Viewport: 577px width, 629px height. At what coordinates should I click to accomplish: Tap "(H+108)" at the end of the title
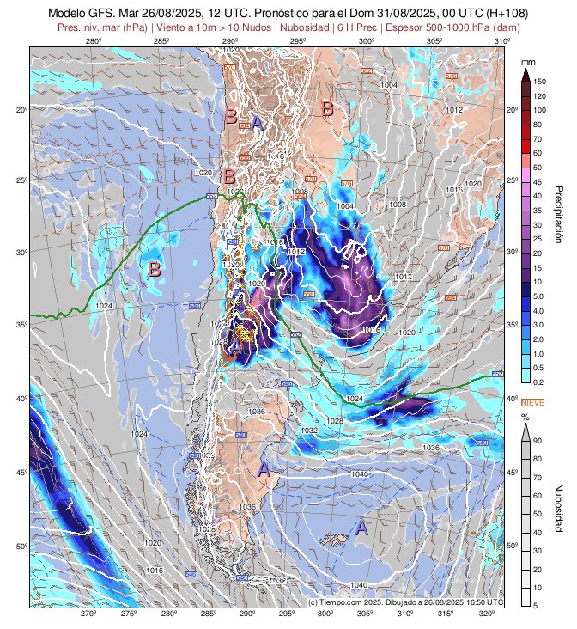click(501, 14)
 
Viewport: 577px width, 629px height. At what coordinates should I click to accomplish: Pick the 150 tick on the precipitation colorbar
click(540, 81)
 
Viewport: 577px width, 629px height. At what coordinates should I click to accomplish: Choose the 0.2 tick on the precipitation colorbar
click(539, 382)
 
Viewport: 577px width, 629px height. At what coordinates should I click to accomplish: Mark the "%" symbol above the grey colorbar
click(525, 416)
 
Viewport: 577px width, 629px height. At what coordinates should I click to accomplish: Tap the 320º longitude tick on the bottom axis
click(486, 614)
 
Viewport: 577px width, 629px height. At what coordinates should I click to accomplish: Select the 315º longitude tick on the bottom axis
click(446, 614)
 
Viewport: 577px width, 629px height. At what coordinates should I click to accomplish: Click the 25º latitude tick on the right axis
click(513, 180)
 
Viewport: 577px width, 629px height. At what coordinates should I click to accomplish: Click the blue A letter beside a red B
click(256, 122)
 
